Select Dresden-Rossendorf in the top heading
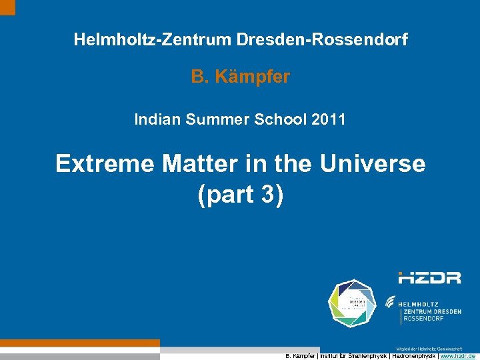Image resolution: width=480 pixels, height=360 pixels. point(321,40)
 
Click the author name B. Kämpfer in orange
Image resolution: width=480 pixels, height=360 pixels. point(241,77)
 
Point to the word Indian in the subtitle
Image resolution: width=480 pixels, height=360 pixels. point(155,120)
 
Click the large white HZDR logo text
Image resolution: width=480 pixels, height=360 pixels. point(429,277)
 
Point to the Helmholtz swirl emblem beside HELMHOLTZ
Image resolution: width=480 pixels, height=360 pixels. point(391,301)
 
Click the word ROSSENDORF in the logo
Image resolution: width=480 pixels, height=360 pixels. point(423,320)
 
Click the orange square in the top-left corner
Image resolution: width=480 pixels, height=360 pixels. point(7,7)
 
